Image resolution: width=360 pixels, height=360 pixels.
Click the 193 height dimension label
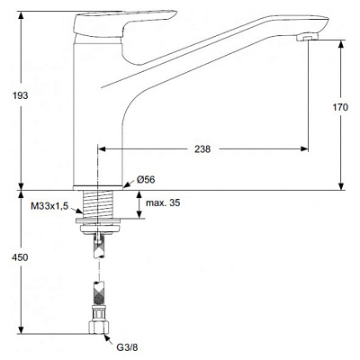[x=21, y=95]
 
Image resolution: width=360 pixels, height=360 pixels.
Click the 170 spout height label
[x=340, y=107]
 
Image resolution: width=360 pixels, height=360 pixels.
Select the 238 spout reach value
[x=202, y=149]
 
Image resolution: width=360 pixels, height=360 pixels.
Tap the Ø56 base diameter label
[x=146, y=180]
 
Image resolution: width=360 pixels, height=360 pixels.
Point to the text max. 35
[x=163, y=202]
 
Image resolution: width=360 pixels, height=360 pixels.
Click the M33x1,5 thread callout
[x=49, y=206]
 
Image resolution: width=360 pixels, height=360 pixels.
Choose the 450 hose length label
[x=21, y=257]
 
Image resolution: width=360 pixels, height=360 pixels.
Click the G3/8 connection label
[x=127, y=347]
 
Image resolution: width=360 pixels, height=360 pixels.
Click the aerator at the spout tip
[x=307, y=38]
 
